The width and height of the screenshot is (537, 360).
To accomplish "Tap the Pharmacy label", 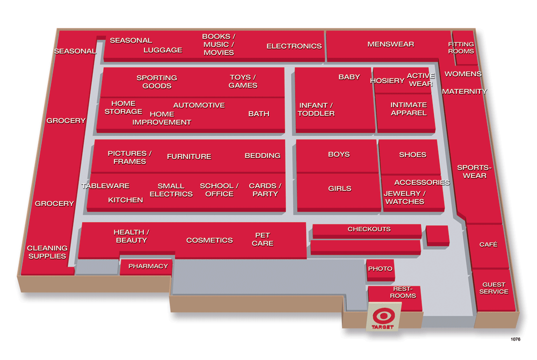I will pos(148,266).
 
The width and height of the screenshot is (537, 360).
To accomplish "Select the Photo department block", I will pos(380,269).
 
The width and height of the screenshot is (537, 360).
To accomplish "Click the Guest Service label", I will pos(494,288).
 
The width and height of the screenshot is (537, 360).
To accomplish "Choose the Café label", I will pos(488,244).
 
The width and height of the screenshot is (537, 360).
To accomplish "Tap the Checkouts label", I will pos(369,229).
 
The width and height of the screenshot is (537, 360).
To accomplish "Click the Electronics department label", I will pos(294,46).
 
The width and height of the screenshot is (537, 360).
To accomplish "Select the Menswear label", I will pos(390,44).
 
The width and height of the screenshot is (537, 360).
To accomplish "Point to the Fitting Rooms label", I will pos(461,48).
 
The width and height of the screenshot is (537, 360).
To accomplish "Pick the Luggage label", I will pos(163,50).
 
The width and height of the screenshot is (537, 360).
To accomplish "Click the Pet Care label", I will pos(263,239).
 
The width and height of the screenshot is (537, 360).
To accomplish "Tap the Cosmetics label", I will pos(209,240).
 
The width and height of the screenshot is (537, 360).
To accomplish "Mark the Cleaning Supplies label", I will pos(47,252).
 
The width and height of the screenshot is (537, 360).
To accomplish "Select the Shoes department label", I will pos(412,155).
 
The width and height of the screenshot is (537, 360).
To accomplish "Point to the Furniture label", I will pos(189,156).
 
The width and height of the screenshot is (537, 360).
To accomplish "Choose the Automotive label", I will pos(199,105).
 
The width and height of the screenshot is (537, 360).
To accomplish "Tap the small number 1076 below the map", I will pos(516,340).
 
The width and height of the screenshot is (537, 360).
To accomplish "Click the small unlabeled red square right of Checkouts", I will pos(437,235).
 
